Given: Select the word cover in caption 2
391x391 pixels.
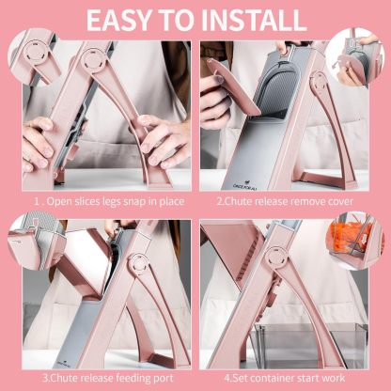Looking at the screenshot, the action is click(x=340, y=201).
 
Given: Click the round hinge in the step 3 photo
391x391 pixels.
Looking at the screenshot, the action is click(x=138, y=263).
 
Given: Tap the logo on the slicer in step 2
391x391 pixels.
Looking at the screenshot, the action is click(x=241, y=184).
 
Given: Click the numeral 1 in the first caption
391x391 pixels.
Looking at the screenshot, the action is click(x=36, y=201).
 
